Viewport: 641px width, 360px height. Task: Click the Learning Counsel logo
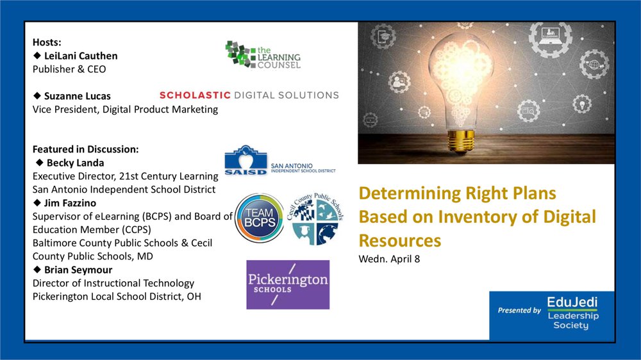(x=263, y=54)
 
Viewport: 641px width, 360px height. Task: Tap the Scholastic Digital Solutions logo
(x=249, y=95)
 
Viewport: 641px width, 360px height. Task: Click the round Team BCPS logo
(x=259, y=218)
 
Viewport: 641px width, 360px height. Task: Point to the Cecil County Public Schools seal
(x=315, y=219)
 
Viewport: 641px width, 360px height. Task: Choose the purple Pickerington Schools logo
(x=288, y=284)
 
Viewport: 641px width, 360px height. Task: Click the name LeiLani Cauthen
(x=81, y=56)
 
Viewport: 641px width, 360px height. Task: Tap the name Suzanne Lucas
(x=78, y=96)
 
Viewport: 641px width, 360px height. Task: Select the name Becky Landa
(x=75, y=163)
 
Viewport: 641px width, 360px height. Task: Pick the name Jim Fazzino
(x=70, y=203)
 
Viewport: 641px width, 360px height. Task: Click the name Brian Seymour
(x=78, y=270)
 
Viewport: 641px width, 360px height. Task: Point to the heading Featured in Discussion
(x=85, y=149)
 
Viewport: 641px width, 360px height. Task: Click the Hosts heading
(x=47, y=42)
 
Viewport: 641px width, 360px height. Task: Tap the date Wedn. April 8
(x=389, y=259)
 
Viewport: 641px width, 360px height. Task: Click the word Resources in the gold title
(x=400, y=240)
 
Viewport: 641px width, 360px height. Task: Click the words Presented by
(x=519, y=310)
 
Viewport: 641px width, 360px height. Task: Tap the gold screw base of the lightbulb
(x=461, y=142)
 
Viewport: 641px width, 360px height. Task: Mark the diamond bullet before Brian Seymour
(x=37, y=269)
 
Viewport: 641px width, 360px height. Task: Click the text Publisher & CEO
(x=69, y=69)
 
